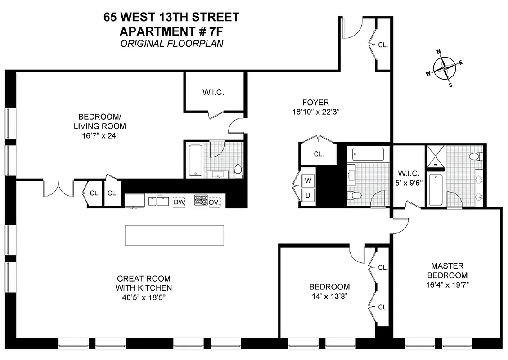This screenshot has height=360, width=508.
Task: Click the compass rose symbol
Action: [x=445, y=68]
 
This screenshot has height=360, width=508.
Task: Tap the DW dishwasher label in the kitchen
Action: [x=179, y=202]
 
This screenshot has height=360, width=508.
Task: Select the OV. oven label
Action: [x=215, y=202]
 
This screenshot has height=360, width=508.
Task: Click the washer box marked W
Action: [x=308, y=181]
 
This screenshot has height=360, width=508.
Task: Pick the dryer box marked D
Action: [x=308, y=195]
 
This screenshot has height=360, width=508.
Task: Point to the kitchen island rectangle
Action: [x=175, y=235]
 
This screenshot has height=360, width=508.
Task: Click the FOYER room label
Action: [x=315, y=103]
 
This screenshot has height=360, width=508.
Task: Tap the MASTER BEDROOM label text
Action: [x=447, y=270]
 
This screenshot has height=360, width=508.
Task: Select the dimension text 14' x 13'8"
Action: [x=329, y=297]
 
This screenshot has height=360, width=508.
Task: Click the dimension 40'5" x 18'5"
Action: [x=144, y=297]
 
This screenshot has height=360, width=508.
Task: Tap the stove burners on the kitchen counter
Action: [x=200, y=200]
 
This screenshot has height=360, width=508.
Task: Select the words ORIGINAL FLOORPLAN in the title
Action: [x=171, y=44]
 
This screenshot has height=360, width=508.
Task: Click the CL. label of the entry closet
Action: [x=382, y=45]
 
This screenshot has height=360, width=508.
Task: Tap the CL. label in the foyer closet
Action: [x=319, y=154]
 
